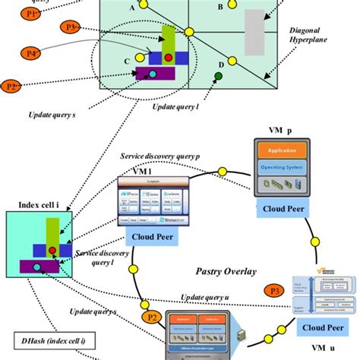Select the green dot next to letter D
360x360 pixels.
click(x=219, y=75)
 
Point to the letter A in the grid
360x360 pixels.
click(x=134, y=7)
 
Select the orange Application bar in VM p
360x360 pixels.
click(x=281, y=151)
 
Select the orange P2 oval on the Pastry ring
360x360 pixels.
click(x=152, y=317)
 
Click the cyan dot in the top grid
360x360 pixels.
click(x=153, y=74)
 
